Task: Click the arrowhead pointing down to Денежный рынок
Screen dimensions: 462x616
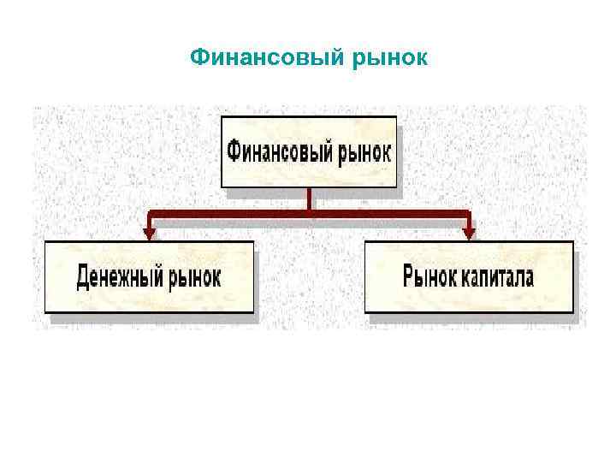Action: (150, 232)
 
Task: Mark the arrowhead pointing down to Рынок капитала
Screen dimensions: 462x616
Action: (469, 232)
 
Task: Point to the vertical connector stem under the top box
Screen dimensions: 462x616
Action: (309, 198)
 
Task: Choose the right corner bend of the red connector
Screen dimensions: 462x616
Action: (469, 214)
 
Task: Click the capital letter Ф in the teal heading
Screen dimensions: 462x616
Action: (198, 57)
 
